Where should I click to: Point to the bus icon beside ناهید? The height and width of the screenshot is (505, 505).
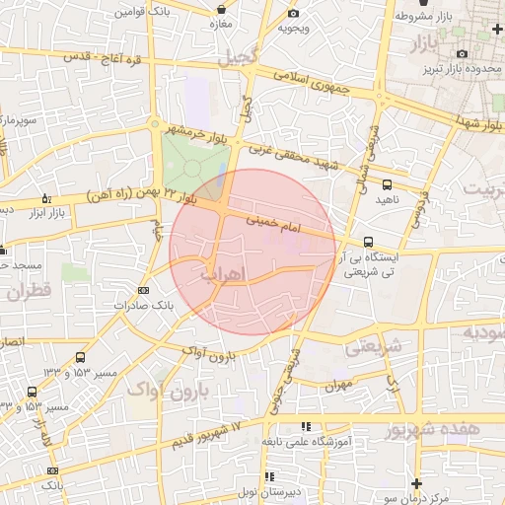coord(387,183)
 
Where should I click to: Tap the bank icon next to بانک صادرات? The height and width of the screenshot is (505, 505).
coord(144,290)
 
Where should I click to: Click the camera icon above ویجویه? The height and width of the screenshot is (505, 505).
coord(293,13)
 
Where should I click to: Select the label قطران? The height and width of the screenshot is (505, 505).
coord(29,293)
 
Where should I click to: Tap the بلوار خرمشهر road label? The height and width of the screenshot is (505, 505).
coord(191,132)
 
